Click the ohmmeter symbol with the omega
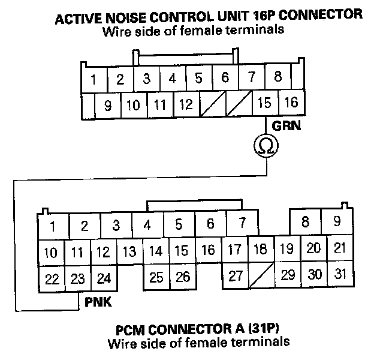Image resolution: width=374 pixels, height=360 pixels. [265, 145]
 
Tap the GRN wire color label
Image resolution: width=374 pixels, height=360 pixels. [286, 127]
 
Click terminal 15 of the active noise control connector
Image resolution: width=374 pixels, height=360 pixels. [264, 104]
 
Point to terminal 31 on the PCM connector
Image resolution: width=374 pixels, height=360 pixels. [340, 274]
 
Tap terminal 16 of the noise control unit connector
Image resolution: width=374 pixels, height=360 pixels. [291, 103]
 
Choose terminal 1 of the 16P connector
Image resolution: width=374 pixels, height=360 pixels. [94, 79]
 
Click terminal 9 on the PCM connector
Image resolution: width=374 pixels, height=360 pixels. [337, 221]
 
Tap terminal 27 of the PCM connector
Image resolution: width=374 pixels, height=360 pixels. [235, 277]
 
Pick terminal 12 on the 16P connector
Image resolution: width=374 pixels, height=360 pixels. [186, 104]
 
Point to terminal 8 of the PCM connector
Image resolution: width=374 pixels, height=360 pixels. [305, 221]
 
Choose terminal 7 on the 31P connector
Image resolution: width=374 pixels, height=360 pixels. [242, 223]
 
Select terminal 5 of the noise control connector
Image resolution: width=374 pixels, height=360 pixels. [198, 77]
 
